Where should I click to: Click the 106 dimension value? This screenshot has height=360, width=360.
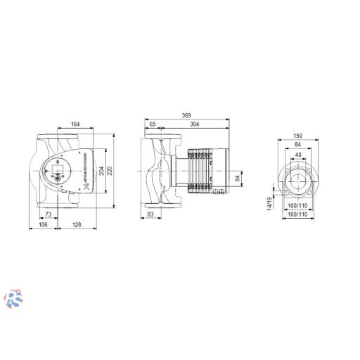[x=42, y=225]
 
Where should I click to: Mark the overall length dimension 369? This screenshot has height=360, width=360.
[x=186, y=115]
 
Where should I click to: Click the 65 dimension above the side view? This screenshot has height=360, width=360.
[x=153, y=124]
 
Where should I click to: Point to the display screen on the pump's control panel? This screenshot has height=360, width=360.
[x=57, y=168]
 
